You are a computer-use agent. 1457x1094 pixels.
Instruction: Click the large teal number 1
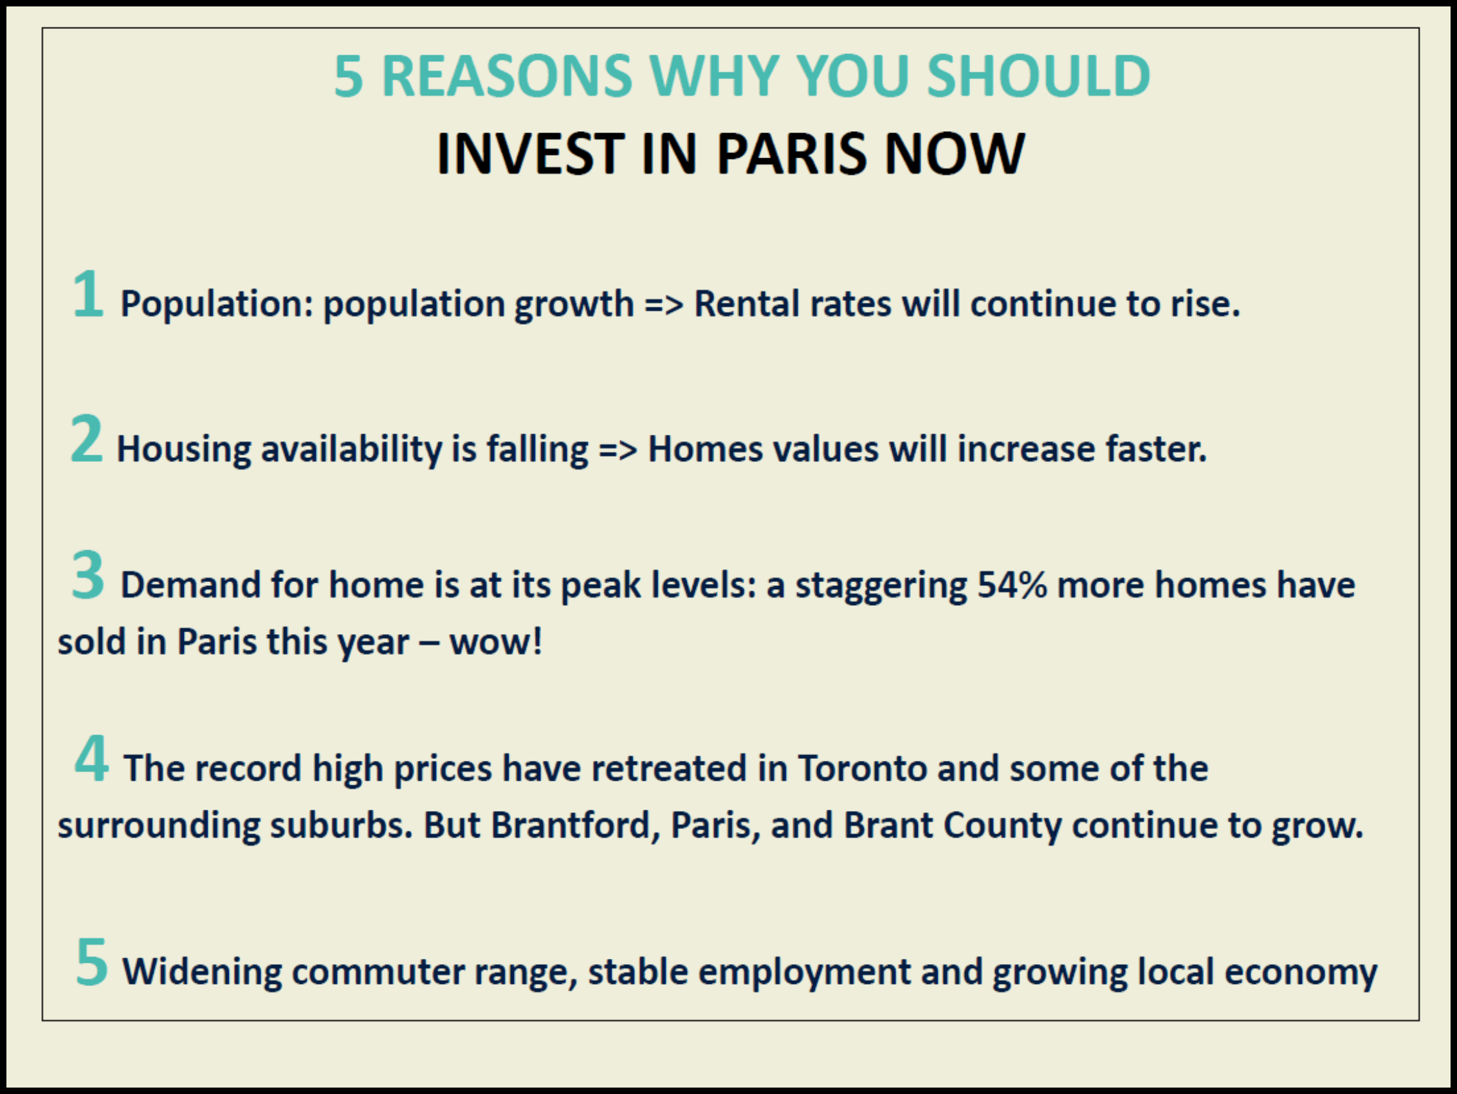(x=89, y=294)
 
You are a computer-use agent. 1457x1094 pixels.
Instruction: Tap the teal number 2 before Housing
(x=87, y=438)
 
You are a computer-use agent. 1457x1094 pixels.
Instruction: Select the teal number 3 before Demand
(x=88, y=575)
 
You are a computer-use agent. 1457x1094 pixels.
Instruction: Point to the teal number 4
(x=91, y=758)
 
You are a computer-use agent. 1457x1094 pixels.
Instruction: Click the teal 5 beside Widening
(x=91, y=962)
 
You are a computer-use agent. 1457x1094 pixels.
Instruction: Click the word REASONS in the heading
(x=506, y=77)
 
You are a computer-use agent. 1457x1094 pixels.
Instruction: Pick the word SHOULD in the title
(x=1039, y=77)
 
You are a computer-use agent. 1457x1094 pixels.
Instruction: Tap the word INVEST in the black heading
(x=530, y=154)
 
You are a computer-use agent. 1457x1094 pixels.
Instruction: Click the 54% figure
(x=1011, y=584)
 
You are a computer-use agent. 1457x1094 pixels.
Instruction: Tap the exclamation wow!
(x=496, y=642)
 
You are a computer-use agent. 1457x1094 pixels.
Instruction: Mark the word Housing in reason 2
(x=184, y=449)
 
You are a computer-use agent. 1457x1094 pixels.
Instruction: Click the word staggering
(x=881, y=585)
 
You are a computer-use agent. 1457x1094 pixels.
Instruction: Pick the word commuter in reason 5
(x=378, y=972)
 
